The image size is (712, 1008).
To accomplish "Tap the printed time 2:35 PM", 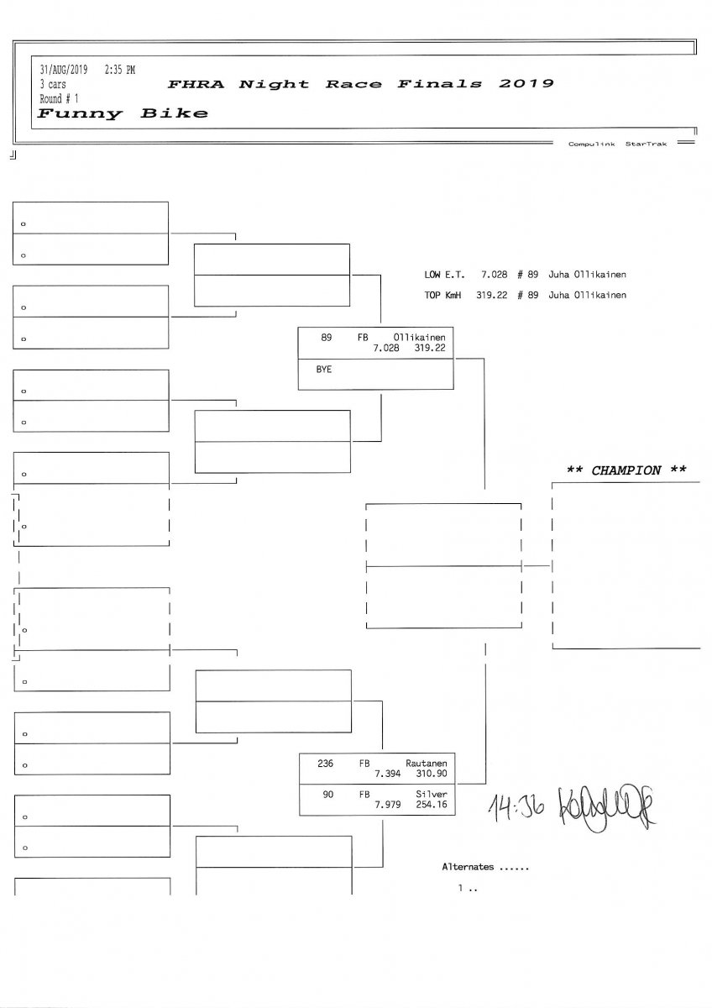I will (119, 69).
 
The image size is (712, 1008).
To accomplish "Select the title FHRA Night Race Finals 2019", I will (360, 84).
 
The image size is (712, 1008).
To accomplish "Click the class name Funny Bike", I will (123, 113).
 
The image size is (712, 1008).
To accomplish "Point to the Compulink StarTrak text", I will (616, 144).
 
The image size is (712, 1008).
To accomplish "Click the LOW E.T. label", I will (442, 275).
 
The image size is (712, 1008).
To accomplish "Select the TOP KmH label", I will (442, 295).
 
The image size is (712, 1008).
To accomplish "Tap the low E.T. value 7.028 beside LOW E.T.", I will (495, 275).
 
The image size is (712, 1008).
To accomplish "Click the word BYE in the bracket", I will (323, 369).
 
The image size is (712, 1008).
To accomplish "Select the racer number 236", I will (325, 764).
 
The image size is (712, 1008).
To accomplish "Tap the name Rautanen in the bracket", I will (425, 764).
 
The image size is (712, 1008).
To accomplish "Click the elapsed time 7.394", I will (388, 774).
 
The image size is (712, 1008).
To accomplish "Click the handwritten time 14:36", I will (515, 807).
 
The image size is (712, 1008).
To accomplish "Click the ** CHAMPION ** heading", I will (626, 470).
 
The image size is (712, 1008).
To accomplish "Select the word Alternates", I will (468, 866).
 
